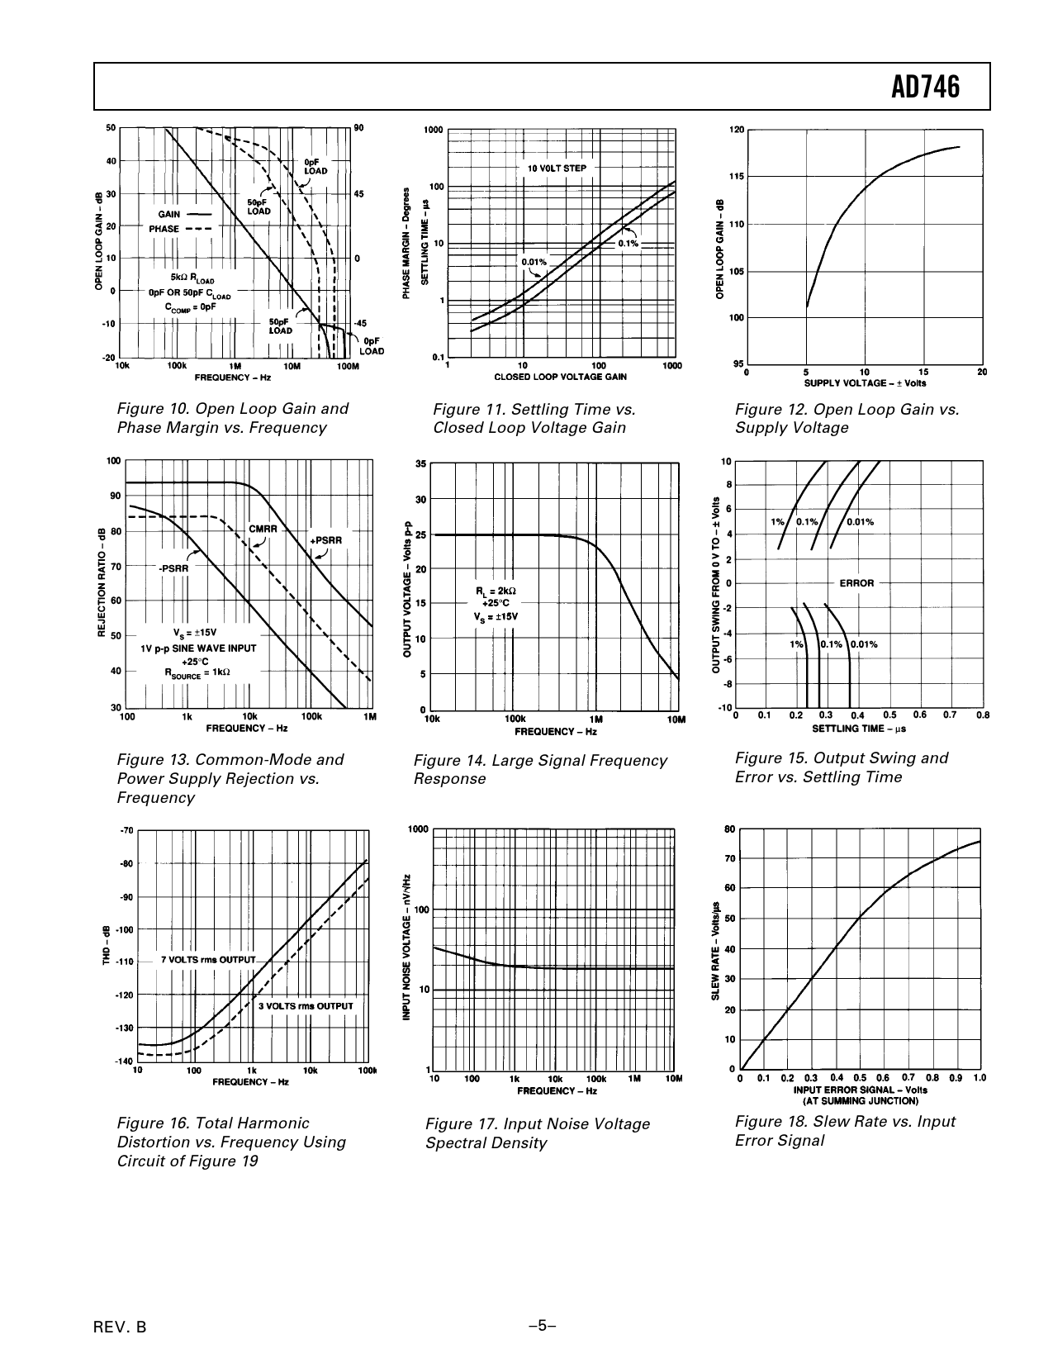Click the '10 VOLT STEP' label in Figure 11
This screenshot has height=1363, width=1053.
click(x=557, y=169)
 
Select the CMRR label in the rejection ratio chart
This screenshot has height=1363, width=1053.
click(x=263, y=528)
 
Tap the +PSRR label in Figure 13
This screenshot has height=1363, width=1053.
click(x=325, y=540)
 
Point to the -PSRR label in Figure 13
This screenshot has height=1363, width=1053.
click(x=173, y=568)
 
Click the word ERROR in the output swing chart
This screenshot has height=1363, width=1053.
click(x=856, y=583)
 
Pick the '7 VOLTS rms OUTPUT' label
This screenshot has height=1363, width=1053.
click(x=208, y=960)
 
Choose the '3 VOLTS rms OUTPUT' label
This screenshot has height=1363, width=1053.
click(x=306, y=1006)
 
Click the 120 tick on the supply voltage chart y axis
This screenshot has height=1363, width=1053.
click(x=738, y=130)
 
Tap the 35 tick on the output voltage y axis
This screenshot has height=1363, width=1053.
click(x=420, y=465)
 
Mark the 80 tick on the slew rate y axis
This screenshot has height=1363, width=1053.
click(x=729, y=829)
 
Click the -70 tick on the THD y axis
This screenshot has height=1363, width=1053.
click(x=126, y=830)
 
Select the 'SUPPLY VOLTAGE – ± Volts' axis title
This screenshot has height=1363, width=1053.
click(x=865, y=382)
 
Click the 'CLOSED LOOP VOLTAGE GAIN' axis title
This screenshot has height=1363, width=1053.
click(x=560, y=377)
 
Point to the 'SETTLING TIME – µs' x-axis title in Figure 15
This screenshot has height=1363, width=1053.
click(x=859, y=729)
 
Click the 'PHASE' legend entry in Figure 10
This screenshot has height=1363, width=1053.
click(x=164, y=229)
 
